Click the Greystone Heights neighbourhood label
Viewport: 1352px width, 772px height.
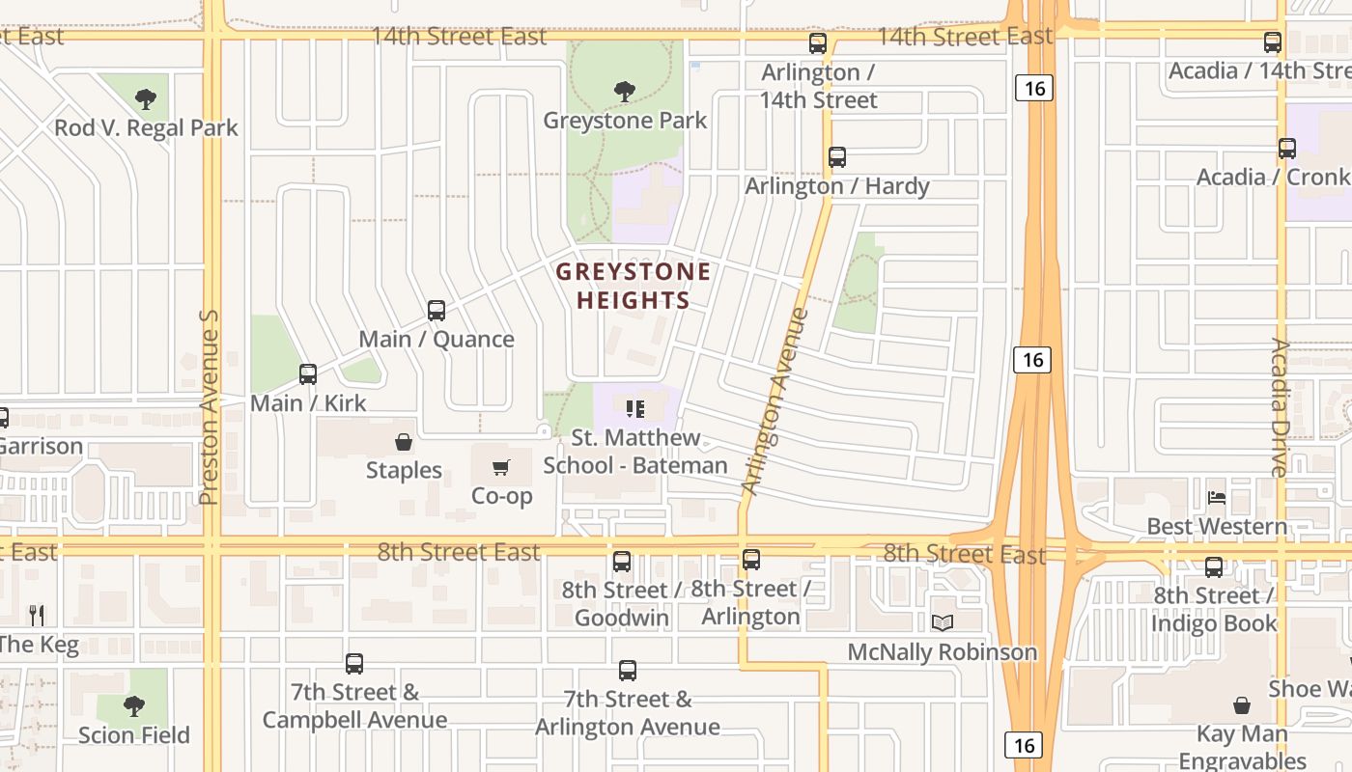tap(633, 286)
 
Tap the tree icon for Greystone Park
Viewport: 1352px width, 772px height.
tap(625, 92)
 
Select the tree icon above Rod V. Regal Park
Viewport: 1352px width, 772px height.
tap(146, 98)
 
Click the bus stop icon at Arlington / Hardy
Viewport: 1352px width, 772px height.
tap(837, 157)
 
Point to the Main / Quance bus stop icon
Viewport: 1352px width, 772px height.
tap(437, 311)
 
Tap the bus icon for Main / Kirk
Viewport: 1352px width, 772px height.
tap(308, 374)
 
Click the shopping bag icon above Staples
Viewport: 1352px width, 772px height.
tap(404, 443)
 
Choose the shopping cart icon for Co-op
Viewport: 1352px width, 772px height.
tap(501, 468)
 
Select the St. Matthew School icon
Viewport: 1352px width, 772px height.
tap(634, 409)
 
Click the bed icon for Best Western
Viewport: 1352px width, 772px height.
tap(1217, 498)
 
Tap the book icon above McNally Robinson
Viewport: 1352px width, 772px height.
tap(943, 623)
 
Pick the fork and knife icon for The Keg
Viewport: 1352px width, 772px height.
tap(37, 615)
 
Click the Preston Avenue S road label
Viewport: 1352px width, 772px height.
tap(209, 407)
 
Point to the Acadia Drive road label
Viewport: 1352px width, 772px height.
tap(1281, 407)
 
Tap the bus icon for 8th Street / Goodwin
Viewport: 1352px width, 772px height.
tap(622, 562)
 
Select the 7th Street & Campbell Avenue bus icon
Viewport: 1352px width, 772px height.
tap(354, 664)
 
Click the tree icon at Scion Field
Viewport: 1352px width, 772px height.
tap(134, 706)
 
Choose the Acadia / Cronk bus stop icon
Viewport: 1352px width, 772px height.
tap(1287, 149)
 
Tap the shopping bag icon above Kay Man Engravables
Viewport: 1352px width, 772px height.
tap(1242, 705)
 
